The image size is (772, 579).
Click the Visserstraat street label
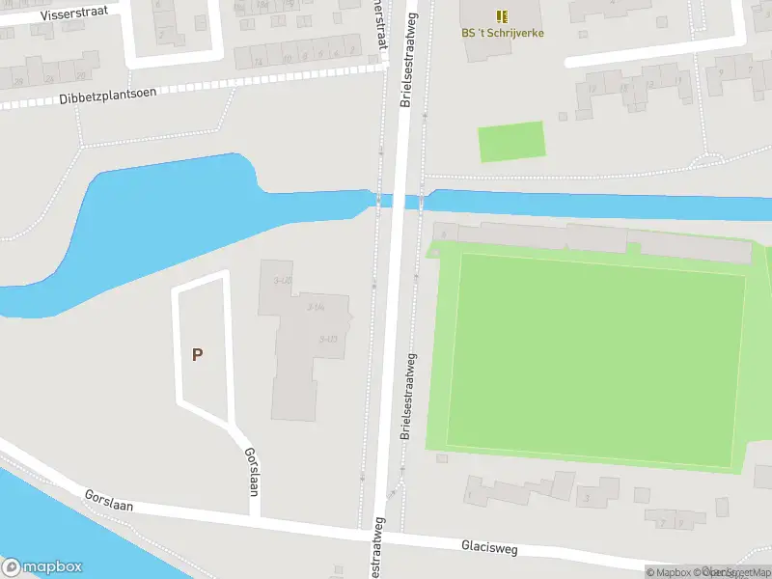tap(74, 12)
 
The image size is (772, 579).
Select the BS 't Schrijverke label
tap(502, 33)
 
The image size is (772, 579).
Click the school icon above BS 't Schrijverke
tap(501, 16)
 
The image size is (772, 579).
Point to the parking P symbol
tap(198, 354)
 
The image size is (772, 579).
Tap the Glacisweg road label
tap(489, 548)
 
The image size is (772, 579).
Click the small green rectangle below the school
tap(511, 141)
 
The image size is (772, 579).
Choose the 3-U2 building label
tap(283, 280)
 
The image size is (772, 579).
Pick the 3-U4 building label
tap(315, 306)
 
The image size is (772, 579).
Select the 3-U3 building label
tap(327, 339)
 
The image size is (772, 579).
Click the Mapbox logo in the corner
tap(42, 566)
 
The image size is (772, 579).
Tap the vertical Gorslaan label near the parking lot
tap(252, 472)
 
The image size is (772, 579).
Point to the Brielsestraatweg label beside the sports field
tap(409, 397)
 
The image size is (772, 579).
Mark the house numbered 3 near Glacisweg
tap(587, 498)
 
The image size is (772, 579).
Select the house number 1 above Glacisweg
tap(469, 496)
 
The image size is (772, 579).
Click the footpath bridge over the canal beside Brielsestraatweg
tap(378, 200)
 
